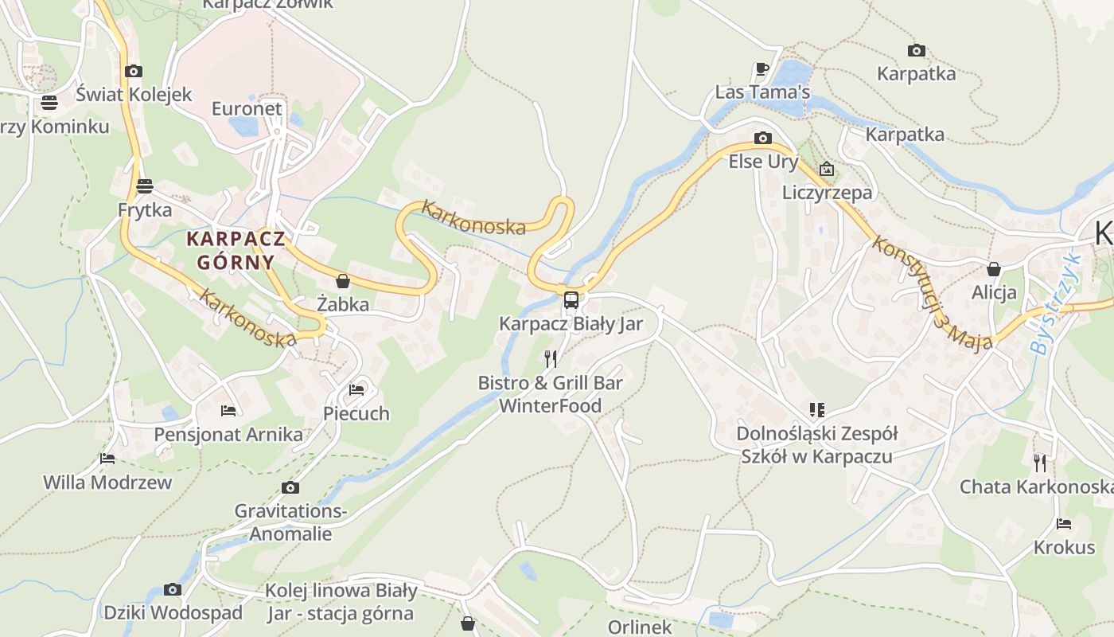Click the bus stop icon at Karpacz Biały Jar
tap(571, 299)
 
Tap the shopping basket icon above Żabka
tap(343, 281)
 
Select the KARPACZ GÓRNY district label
tap(236, 250)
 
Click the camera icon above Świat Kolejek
tap(134, 71)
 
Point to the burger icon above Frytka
tap(144, 186)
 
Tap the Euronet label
tap(247, 108)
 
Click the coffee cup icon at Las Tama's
tap(761, 69)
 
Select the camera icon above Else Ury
tap(762, 139)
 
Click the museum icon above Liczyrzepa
tap(827, 169)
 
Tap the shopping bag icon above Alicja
tap(993, 269)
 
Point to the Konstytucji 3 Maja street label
tap(932, 292)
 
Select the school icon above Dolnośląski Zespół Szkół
tap(816, 410)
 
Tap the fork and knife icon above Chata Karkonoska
tap(1039, 463)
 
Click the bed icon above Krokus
tap(1064, 524)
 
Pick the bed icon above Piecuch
tap(356, 390)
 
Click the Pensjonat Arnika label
tap(228, 435)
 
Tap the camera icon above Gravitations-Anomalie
tap(290, 487)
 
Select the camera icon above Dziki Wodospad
tap(173, 589)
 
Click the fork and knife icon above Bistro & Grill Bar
tap(550, 359)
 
